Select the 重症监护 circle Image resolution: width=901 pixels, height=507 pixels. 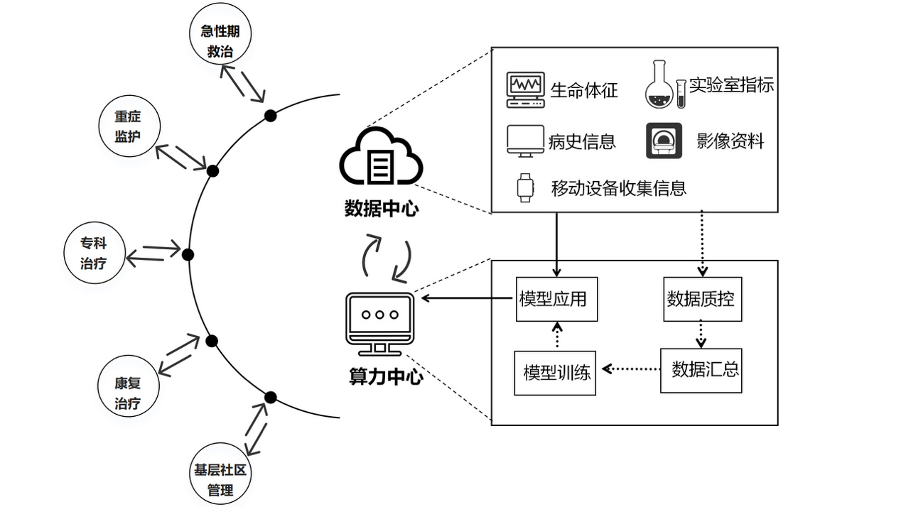pyautogui.click(x=129, y=126)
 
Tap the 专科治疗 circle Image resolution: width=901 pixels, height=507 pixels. pyautogui.click(x=95, y=253)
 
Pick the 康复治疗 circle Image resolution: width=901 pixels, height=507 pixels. pyautogui.click(x=128, y=393)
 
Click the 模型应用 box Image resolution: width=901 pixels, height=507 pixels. pyautogui.click(x=556, y=299)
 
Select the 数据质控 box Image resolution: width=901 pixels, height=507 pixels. pyautogui.click(x=701, y=299)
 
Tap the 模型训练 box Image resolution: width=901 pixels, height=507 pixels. pyautogui.click(x=556, y=372)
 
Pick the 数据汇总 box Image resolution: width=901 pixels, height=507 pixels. pyautogui.click(x=701, y=369)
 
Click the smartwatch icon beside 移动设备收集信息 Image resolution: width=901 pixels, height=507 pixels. pyautogui.click(x=524, y=187)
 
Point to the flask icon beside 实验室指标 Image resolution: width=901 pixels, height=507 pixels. pyautogui.click(x=659, y=87)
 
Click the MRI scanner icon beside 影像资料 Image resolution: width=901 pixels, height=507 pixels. pyautogui.click(x=664, y=141)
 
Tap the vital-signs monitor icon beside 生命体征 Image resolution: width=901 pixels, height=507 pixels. pyautogui.click(x=526, y=89)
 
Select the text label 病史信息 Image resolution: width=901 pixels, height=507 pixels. pyautogui.click(x=582, y=141)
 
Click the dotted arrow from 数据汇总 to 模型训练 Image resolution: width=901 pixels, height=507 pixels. pyautogui.click(x=631, y=369)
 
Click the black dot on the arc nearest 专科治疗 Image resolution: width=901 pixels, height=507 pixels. pyautogui.click(x=188, y=254)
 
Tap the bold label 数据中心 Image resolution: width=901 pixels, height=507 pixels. pyautogui.click(x=382, y=209)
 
